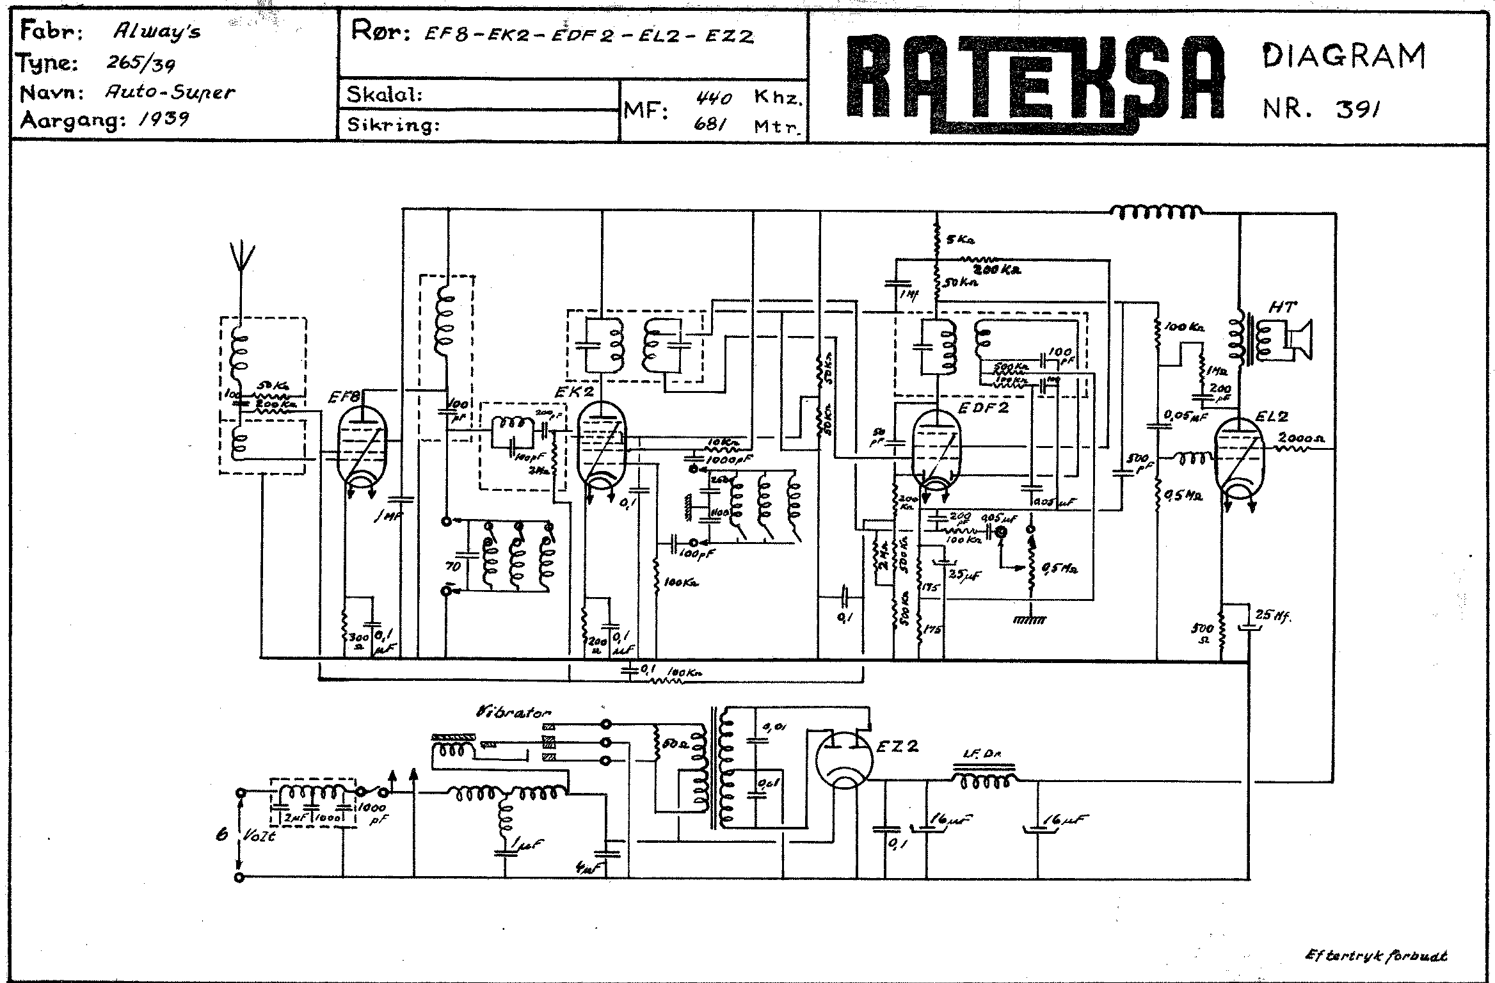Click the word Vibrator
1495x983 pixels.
pyautogui.click(x=513, y=712)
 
